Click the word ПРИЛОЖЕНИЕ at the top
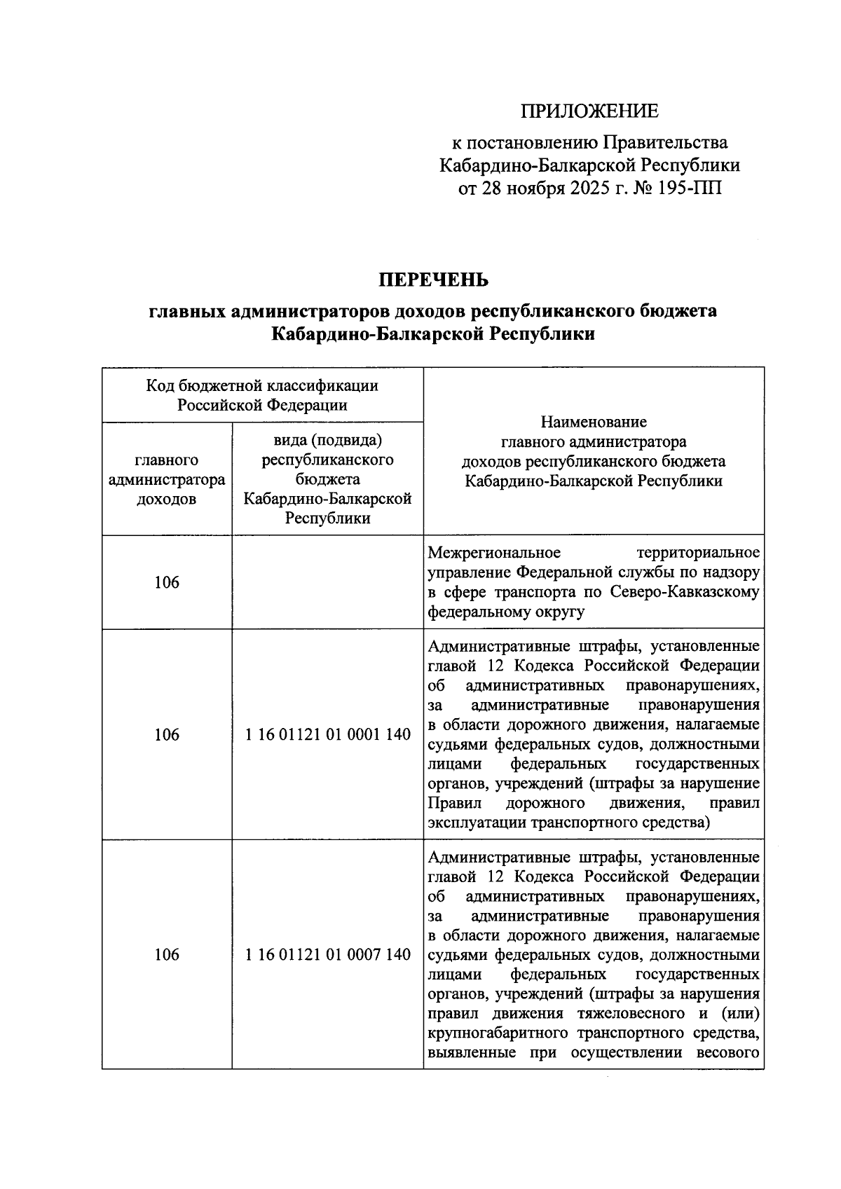coord(589,111)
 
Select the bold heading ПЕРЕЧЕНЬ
coord(433,280)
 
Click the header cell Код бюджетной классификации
coord(262,395)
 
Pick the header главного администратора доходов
coord(167,480)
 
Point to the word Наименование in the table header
coord(594,422)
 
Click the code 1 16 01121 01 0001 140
coord(327,735)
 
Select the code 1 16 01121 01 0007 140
coord(327,954)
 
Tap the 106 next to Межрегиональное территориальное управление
coord(167,582)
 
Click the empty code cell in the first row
coord(327,582)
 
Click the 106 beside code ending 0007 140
coord(167,954)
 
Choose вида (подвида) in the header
coord(327,441)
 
